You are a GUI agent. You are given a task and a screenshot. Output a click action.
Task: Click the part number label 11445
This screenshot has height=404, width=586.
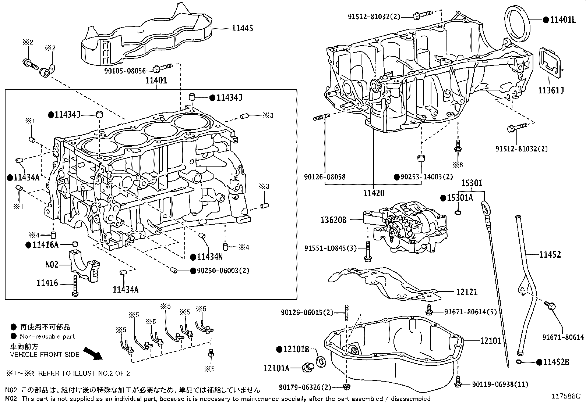[x=242, y=28]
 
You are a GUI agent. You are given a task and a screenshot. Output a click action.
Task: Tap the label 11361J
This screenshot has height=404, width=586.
[x=551, y=90]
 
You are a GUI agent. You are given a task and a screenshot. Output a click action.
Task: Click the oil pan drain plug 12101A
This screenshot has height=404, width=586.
[x=307, y=367]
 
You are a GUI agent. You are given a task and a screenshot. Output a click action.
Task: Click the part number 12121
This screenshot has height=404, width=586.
[x=467, y=292]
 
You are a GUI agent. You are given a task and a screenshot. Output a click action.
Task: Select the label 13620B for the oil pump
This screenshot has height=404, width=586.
[x=333, y=220]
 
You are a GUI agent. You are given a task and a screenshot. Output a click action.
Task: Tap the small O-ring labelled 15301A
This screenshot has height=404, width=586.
[x=458, y=212]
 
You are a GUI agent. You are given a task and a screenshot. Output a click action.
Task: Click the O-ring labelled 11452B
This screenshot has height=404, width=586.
[x=519, y=362]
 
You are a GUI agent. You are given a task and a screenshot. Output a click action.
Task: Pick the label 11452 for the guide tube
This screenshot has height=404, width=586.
[x=550, y=254]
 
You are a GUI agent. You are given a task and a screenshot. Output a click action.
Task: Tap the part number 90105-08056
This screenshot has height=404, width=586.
[x=125, y=70]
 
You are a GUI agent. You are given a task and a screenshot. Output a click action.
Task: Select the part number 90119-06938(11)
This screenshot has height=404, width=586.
[x=499, y=384]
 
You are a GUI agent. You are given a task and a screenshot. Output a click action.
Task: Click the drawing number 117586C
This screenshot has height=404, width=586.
[x=565, y=396]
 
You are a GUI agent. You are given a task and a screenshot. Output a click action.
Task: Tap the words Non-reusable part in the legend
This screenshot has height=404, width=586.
[x=47, y=336]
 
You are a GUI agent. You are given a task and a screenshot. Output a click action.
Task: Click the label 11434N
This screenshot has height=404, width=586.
[x=209, y=257]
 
